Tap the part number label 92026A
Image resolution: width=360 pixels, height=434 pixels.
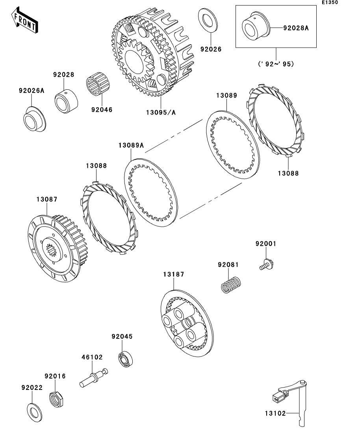point(32,90)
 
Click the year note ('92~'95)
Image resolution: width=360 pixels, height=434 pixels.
point(276,64)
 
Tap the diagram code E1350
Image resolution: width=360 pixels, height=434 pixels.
point(330,2)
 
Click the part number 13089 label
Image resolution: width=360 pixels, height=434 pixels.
point(226,95)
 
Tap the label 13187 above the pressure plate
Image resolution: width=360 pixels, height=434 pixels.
point(174,274)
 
